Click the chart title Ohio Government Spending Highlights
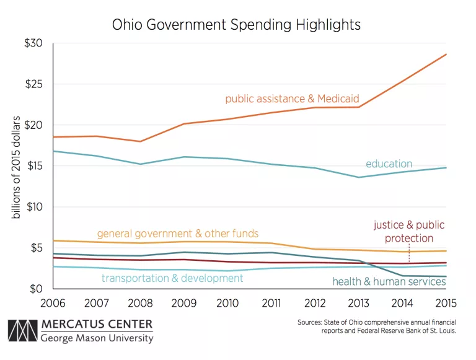pos(236,25)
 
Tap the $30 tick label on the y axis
pos(33,43)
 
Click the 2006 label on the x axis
pos(54,304)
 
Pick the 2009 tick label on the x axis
pos(183,304)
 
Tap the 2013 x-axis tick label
pos(358,304)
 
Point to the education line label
pos(389,164)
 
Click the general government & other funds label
pos(178,234)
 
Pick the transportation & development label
pos(172,278)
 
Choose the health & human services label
pos(389,282)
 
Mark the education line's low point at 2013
pos(358,177)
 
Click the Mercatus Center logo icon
pos(22,332)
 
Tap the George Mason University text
pos(97,338)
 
